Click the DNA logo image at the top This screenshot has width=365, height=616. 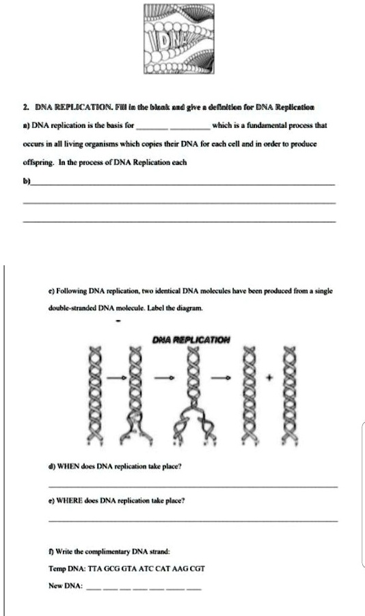click(x=179, y=39)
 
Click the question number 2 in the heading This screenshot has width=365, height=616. click(x=26, y=107)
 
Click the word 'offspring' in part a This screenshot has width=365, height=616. click(x=38, y=162)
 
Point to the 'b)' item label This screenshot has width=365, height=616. click(x=27, y=181)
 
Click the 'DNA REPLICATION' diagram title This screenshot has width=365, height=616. click(x=191, y=339)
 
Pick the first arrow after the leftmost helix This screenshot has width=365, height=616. click(x=116, y=378)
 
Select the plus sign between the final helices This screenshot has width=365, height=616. click(x=269, y=378)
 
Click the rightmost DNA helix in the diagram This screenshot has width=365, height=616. click(x=290, y=396)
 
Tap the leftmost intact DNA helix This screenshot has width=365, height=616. click(x=96, y=396)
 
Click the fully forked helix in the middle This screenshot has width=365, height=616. click(x=194, y=396)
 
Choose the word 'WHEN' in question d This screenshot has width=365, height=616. click(x=69, y=467)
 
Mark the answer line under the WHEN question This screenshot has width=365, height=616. click(x=193, y=487)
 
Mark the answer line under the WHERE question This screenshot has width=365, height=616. click(x=193, y=522)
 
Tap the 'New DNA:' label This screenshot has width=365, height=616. click(x=66, y=586)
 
